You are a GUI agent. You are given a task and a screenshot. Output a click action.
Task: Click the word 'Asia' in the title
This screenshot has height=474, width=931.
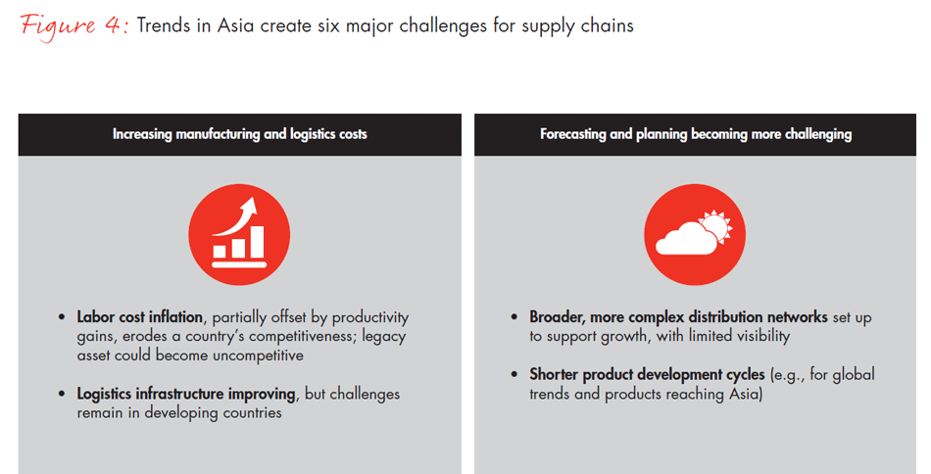tap(237, 25)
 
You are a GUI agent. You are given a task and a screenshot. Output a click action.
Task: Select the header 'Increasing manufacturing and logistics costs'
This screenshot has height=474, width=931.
tap(240, 134)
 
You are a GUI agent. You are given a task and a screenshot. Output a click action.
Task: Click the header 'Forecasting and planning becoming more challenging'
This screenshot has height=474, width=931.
tap(696, 134)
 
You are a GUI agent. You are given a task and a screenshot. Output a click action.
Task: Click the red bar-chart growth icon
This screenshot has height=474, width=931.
tap(239, 234)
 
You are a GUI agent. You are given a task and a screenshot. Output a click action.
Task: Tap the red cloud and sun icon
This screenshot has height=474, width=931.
tap(695, 234)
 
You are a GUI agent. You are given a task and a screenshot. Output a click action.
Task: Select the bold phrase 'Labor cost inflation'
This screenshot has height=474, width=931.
tap(139, 316)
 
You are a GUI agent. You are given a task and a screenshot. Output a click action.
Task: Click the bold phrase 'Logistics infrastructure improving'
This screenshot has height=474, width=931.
tap(186, 394)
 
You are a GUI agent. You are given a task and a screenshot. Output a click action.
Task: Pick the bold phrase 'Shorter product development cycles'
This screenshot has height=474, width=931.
tap(647, 374)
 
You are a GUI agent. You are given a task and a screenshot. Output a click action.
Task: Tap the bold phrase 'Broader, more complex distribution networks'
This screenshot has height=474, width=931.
tap(679, 316)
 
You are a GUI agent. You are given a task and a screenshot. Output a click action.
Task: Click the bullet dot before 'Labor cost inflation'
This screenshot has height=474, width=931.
tap(62, 317)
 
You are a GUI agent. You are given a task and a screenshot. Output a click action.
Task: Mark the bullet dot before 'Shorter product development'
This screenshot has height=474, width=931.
tap(514, 375)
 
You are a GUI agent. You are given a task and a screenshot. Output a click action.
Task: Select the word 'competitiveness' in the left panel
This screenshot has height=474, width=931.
tap(301, 336)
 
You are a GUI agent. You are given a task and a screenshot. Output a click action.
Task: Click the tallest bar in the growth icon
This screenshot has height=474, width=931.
tap(258, 242)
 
